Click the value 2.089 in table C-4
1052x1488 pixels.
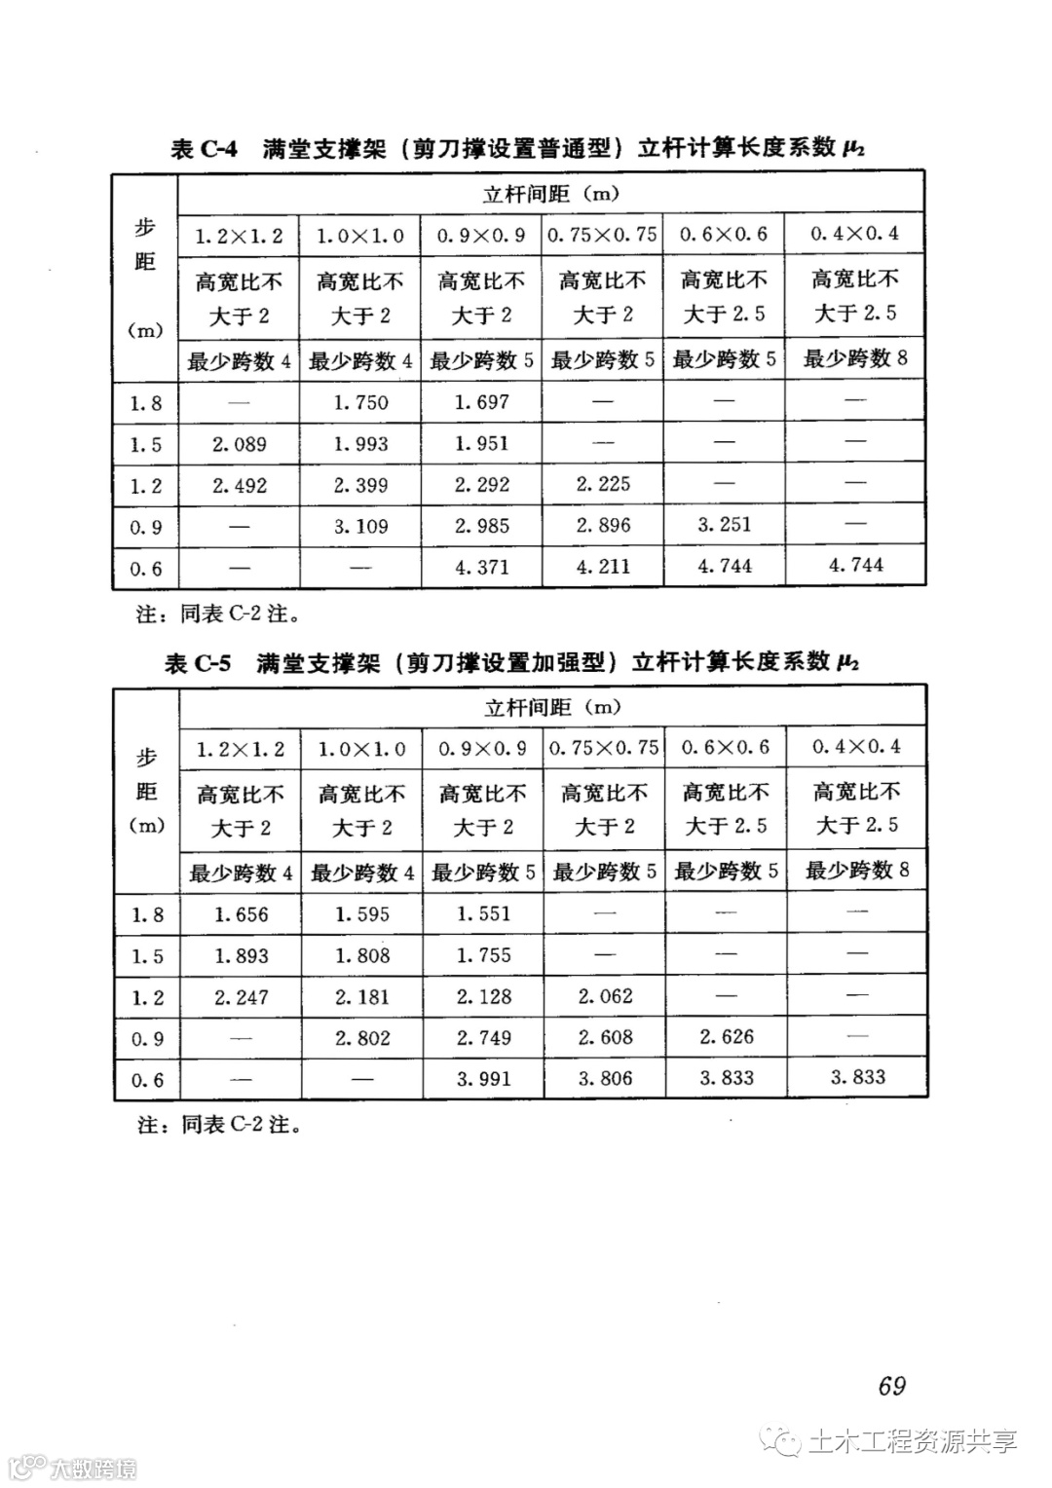point(240,445)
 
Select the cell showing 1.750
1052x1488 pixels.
point(360,403)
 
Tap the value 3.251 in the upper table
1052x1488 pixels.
point(725,525)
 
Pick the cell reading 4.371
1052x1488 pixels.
point(482,567)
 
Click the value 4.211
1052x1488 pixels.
point(603,567)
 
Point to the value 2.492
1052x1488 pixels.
point(240,486)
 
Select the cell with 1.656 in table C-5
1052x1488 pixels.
point(242,915)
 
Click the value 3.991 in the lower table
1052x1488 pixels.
point(483,1079)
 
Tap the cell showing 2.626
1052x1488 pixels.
point(727,1037)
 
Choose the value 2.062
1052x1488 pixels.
point(605,997)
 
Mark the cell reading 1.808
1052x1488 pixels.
point(362,956)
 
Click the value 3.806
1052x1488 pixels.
point(605,1079)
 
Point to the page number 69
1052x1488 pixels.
point(891,1386)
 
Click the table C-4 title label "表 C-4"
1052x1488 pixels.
point(204,149)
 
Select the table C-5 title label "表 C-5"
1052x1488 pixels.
point(199,664)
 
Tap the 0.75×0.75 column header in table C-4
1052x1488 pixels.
point(603,235)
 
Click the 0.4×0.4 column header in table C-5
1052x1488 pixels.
point(857,748)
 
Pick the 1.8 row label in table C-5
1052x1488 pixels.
point(147,915)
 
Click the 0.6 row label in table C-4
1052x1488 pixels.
point(146,569)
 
